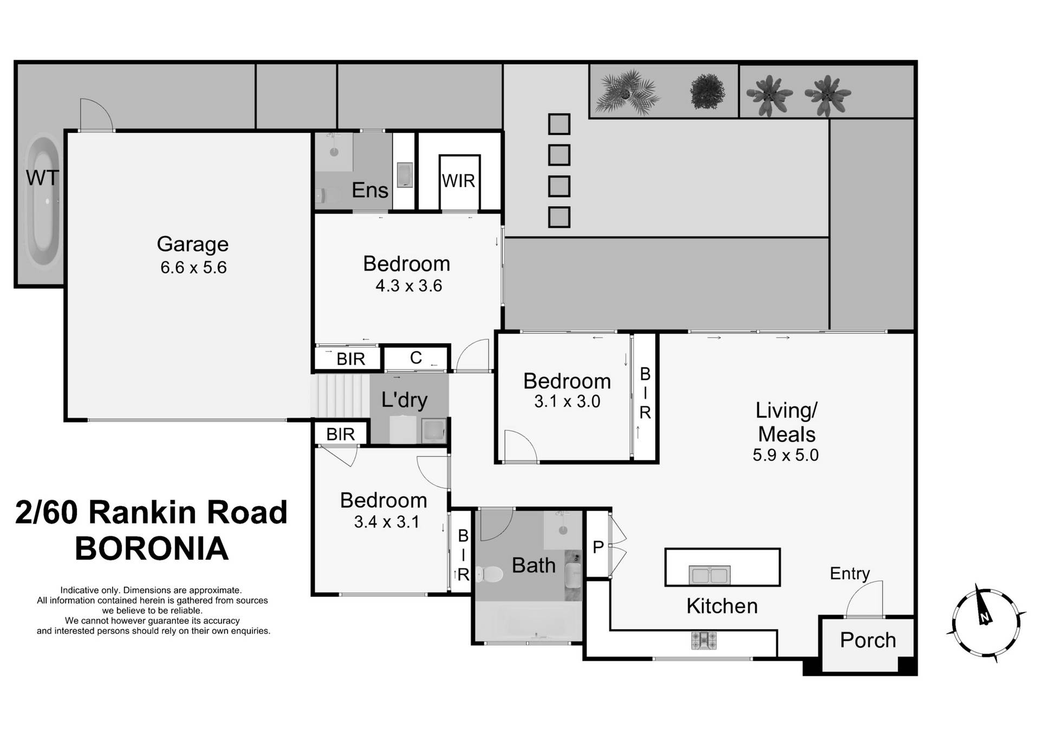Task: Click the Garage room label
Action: pos(192,244)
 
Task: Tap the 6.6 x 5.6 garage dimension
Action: pos(193,268)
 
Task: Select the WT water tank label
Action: pos(42,178)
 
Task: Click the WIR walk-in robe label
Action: pos(458,181)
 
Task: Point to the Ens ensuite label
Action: pos(369,190)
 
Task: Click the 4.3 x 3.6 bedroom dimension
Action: pos(409,286)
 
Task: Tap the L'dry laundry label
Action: pos(404,400)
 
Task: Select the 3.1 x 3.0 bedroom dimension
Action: pos(567,402)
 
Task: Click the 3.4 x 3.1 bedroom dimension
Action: pos(386,522)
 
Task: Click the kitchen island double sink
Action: pos(710,575)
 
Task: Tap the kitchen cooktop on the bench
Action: pos(704,640)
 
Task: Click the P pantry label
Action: pos(598,547)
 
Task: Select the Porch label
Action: pos(868,640)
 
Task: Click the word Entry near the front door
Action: pos(849,573)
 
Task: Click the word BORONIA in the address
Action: pos(152,548)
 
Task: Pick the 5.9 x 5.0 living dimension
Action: pos(785,455)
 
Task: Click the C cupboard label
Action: pos(415,358)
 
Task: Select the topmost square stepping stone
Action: pos(559,124)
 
